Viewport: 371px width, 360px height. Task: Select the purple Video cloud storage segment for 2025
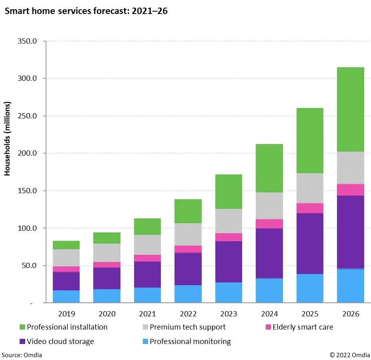tap(310, 244)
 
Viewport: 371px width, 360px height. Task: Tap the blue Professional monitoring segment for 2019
tap(66, 296)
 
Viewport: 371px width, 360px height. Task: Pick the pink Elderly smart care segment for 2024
tap(269, 224)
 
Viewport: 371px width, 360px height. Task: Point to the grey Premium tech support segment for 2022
tap(188, 234)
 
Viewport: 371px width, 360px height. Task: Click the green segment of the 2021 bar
tap(147, 226)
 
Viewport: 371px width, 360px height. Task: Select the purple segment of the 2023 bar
tap(229, 262)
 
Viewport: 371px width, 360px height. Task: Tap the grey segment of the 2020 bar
tap(107, 252)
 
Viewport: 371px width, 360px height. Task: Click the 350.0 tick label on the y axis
tap(28, 41)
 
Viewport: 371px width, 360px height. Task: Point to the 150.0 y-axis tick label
tap(28, 191)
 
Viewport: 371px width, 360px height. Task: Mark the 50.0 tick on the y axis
tap(29, 266)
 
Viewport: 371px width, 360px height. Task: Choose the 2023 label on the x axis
tap(229, 314)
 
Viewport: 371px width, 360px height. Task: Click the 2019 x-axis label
tap(66, 314)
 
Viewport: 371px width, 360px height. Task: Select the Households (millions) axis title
tap(8, 138)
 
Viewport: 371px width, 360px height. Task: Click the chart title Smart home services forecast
tap(86, 11)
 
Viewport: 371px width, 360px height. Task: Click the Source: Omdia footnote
tap(22, 354)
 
